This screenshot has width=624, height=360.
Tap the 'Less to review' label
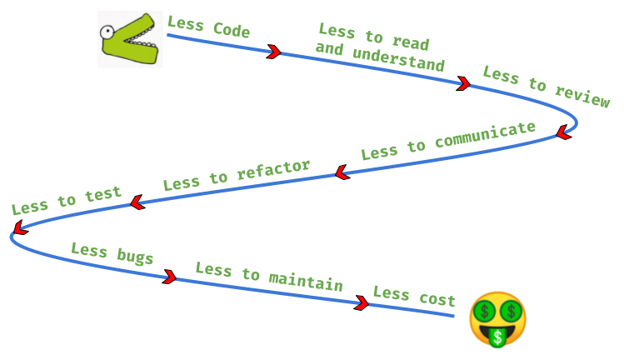click(547, 87)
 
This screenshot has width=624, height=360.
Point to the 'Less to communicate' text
click(448, 141)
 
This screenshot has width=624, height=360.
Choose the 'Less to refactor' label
click(237, 175)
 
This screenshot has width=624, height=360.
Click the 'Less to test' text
click(67, 200)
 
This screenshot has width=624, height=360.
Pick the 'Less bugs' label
click(112, 253)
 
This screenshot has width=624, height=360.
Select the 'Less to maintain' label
click(269, 277)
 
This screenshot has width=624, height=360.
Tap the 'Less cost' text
click(414, 296)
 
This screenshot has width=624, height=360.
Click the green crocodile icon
click(130, 39)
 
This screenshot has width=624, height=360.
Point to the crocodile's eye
click(107, 33)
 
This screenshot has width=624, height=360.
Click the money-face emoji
click(497, 319)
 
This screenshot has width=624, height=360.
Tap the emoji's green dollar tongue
click(498, 337)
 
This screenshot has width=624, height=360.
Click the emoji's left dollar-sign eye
click(484, 312)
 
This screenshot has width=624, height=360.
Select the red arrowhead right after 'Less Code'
click(273, 52)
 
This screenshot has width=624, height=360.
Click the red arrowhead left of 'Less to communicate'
click(340, 173)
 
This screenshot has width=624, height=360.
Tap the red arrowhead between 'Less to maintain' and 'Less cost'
click(362, 303)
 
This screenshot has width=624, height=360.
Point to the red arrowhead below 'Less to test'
click(19, 227)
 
